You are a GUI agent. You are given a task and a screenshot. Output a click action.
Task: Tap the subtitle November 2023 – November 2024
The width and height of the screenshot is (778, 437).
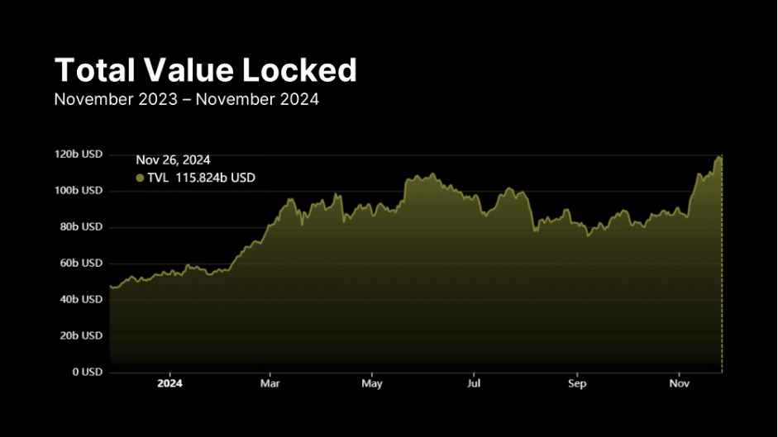point(186,99)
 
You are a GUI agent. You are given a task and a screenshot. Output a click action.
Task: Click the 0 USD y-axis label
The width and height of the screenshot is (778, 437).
point(85,372)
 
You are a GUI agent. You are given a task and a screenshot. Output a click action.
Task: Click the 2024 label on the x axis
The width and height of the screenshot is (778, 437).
point(169,384)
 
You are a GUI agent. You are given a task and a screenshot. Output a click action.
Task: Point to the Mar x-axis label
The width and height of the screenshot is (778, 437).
point(270,384)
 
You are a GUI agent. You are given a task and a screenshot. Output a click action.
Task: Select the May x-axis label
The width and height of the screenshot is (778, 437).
point(372,384)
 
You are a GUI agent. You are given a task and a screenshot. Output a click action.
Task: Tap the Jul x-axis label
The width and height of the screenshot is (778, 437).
point(475,384)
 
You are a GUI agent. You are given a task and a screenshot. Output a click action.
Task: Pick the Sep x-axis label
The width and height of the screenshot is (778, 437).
point(577,384)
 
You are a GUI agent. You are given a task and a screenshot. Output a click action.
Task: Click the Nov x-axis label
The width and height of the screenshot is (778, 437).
point(679,384)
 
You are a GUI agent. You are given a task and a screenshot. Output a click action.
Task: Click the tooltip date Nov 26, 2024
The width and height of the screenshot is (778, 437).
point(173,160)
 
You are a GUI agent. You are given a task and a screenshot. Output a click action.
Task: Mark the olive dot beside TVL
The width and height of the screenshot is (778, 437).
point(140,178)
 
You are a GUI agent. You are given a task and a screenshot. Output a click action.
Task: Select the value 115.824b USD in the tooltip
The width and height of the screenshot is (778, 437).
point(215,178)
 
